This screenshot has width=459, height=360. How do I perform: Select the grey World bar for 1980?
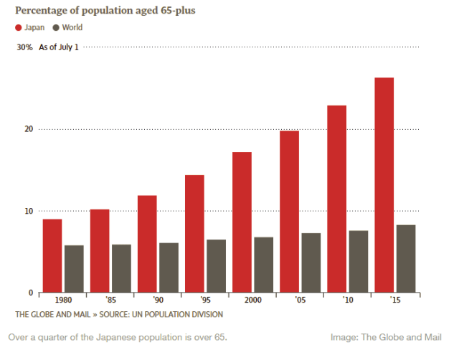(74, 268)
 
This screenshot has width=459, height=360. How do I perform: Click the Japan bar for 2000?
(242, 222)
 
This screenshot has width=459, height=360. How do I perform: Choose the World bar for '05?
(311, 262)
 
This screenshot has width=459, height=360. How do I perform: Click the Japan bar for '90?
(147, 243)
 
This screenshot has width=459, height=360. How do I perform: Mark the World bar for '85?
(121, 268)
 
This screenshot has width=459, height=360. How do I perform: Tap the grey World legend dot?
(56, 28)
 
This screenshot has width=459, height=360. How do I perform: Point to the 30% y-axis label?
(25, 47)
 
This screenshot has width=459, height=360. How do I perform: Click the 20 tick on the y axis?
(29, 129)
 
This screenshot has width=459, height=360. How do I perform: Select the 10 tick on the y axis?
(29, 211)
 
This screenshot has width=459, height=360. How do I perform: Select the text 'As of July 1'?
(59, 47)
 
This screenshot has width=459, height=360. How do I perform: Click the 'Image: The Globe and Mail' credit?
(386, 337)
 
